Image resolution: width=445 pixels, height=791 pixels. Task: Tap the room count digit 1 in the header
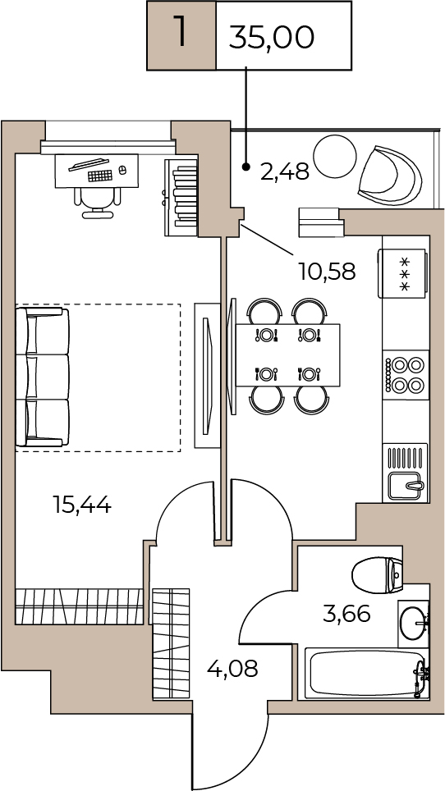[180, 30]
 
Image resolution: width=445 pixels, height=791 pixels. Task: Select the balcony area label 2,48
[285, 172]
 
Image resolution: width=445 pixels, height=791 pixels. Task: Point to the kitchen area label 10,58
[327, 272]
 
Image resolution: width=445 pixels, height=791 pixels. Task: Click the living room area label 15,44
[82, 504]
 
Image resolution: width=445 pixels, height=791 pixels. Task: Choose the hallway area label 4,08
[232, 669]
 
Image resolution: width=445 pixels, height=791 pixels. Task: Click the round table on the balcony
[335, 157]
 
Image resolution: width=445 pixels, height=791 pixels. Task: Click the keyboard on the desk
[99, 176]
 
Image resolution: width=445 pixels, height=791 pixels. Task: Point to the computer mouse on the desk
[122, 171]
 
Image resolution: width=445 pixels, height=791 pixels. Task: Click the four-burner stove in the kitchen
[405, 375]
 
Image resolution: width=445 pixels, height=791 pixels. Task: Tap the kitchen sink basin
[406, 486]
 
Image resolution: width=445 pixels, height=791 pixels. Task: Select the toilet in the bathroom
[377, 575]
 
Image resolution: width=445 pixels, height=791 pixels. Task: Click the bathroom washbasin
[414, 624]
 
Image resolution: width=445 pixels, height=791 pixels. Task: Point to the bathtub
[367, 674]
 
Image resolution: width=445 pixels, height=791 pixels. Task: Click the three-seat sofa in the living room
[43, 377]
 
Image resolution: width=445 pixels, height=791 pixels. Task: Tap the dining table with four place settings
[287, 355]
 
